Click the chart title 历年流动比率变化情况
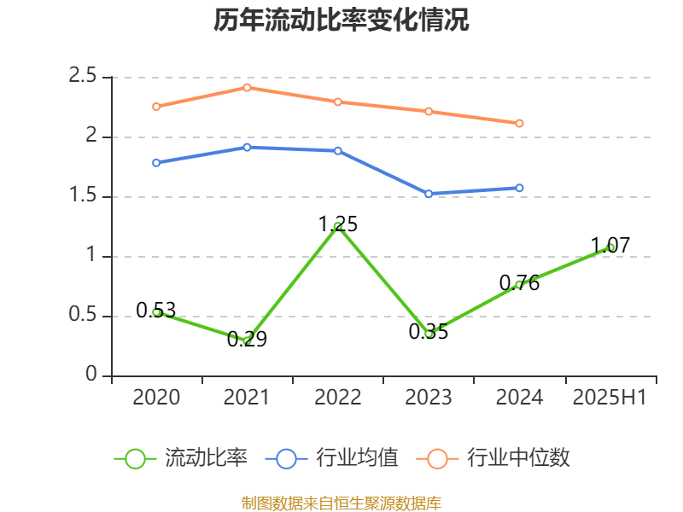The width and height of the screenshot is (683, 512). pyautogui.click(x=341, y=20)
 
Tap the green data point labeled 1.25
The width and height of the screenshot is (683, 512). pyautogui.click(x=338, y=226)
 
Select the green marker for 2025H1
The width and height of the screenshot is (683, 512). pyautogui.click(x=610, y=247)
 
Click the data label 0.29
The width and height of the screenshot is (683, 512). pyautogui.click(x=247, y=340)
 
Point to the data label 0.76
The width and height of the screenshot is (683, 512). pyautogui.click(x=519, y=283)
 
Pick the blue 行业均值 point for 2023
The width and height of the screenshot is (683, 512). pyautogui.click(x=429, y=194)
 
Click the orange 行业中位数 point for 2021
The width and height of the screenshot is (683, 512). pyautogui.click(x=247, y=87)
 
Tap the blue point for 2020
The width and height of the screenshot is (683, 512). pyautogui.click(x=156, y=162)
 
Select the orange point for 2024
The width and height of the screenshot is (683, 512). pyautogui.click(x=519, y=123)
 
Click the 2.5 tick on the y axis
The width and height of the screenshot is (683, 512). pyautogui.click(x=83, y=77)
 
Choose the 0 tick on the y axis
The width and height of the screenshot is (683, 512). pyautogui.click(x=92, y=375)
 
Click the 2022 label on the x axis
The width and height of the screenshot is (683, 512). pyautogui.click(x=338, y=398)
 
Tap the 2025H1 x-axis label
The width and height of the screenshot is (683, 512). pyautogui.click(x=610, y=398)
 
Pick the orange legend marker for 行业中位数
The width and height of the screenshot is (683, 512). pyautogui.click(x=437, y=458)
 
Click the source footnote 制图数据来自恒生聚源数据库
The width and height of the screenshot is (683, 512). pyautogui.click(x=341, y=503)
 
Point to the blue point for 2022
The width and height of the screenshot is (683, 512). pyautogui.click(x=338, y=150)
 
